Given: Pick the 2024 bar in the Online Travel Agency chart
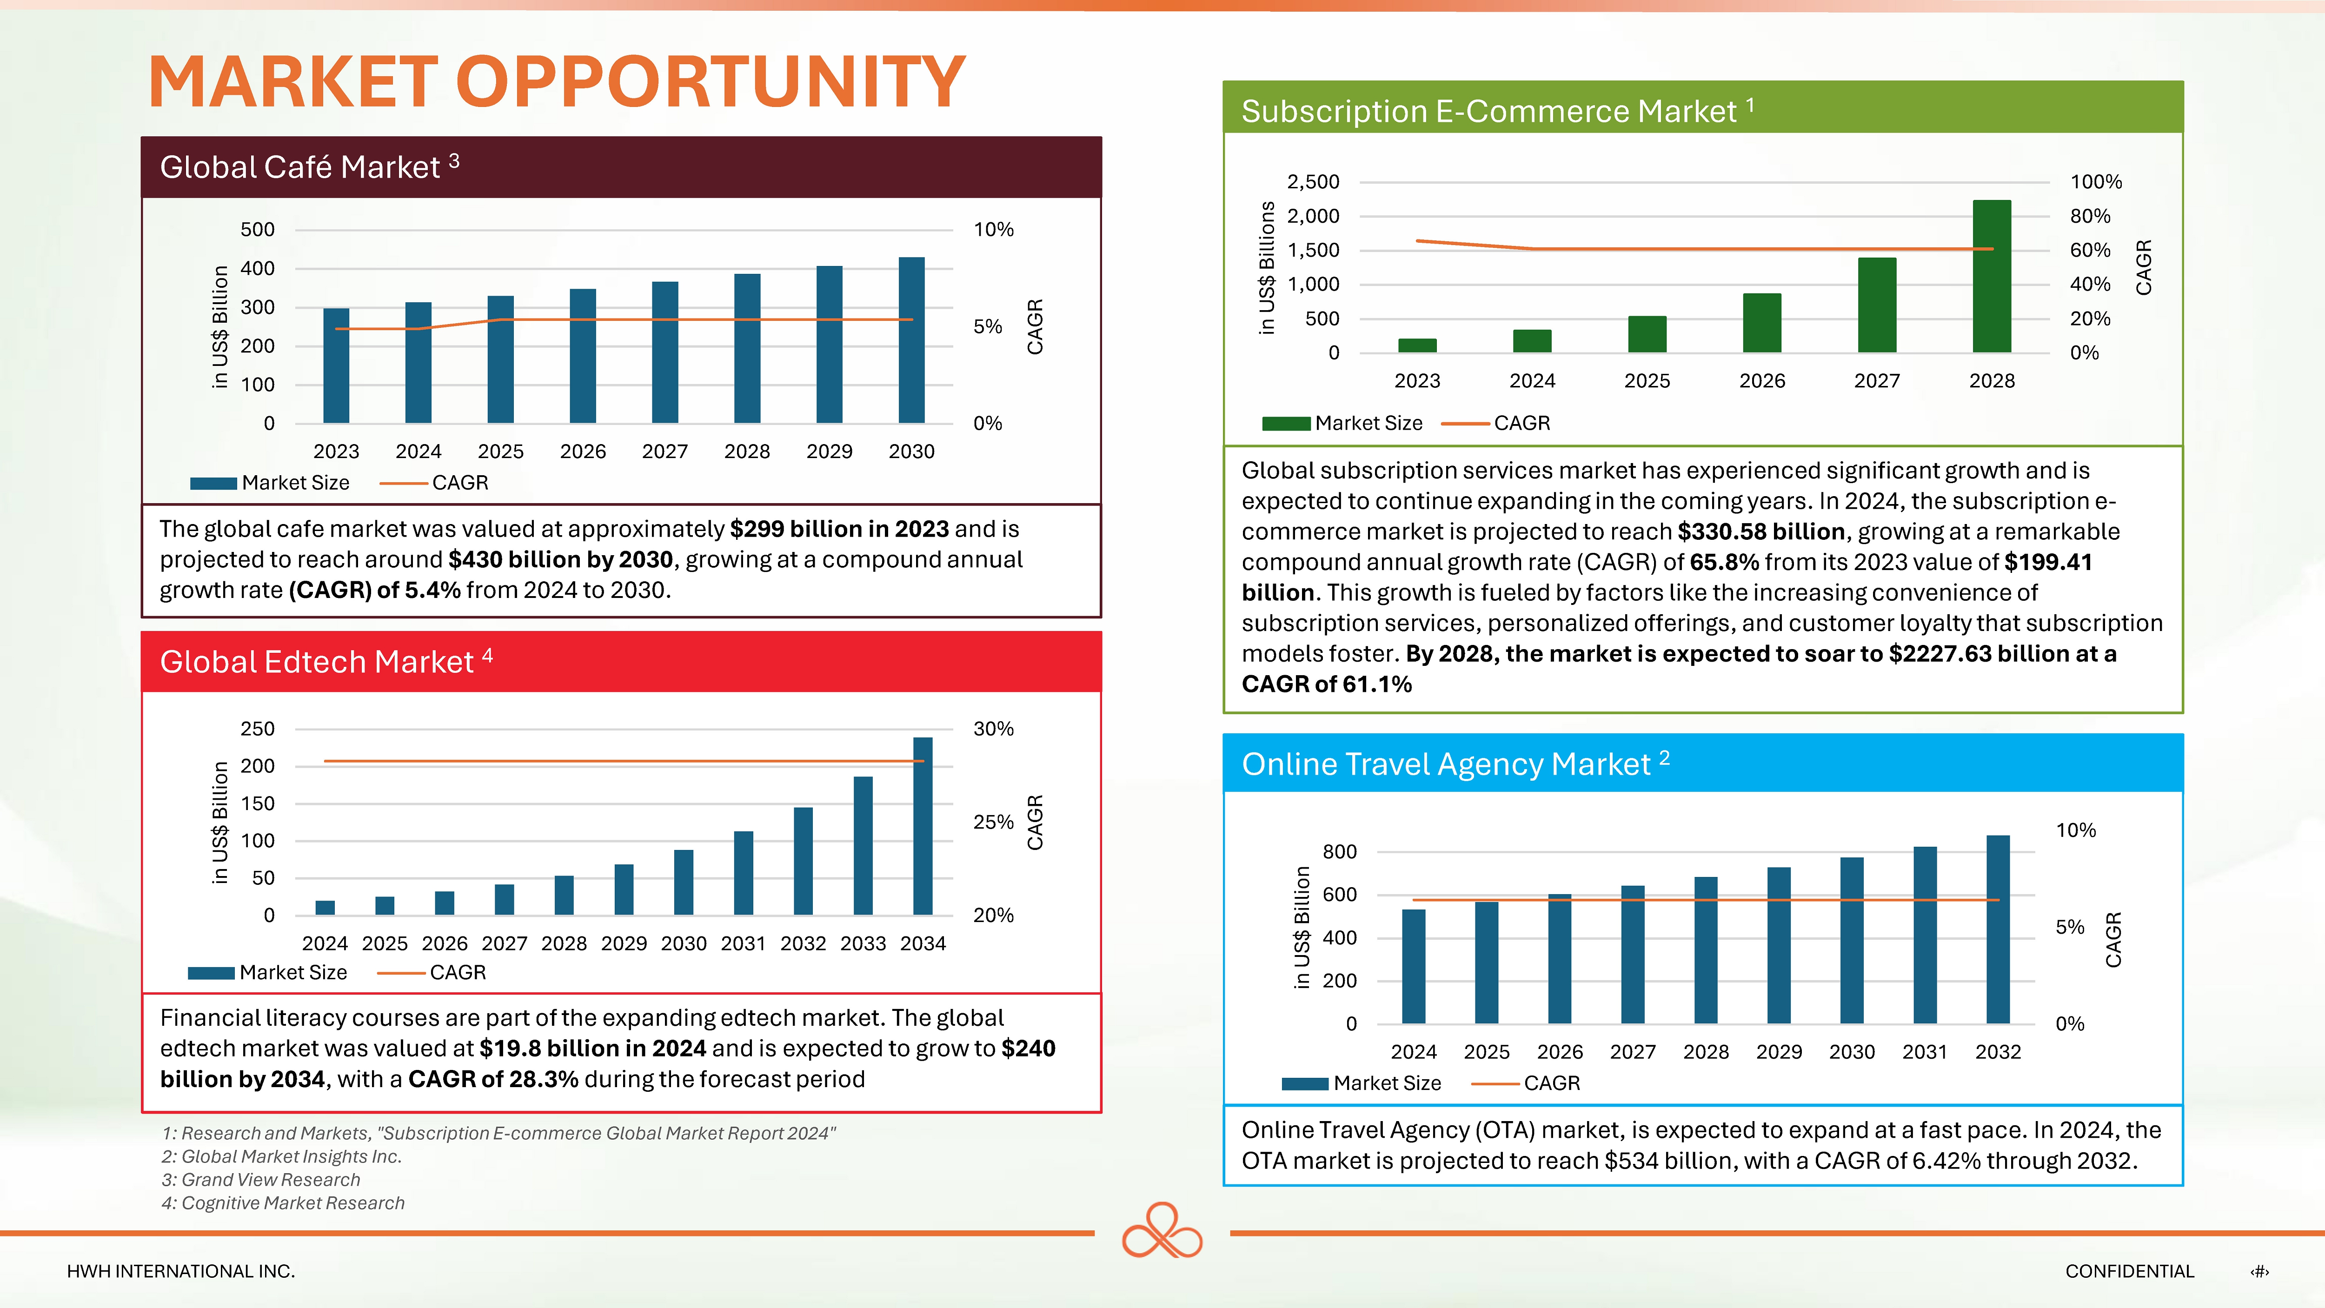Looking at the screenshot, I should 1414,966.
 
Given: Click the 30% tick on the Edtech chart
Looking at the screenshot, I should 993,729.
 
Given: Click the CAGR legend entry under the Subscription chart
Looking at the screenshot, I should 1521,423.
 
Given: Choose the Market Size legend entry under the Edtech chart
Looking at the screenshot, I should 292,972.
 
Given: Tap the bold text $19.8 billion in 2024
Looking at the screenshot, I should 592,1048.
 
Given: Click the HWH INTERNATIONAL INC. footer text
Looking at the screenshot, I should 180,1271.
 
